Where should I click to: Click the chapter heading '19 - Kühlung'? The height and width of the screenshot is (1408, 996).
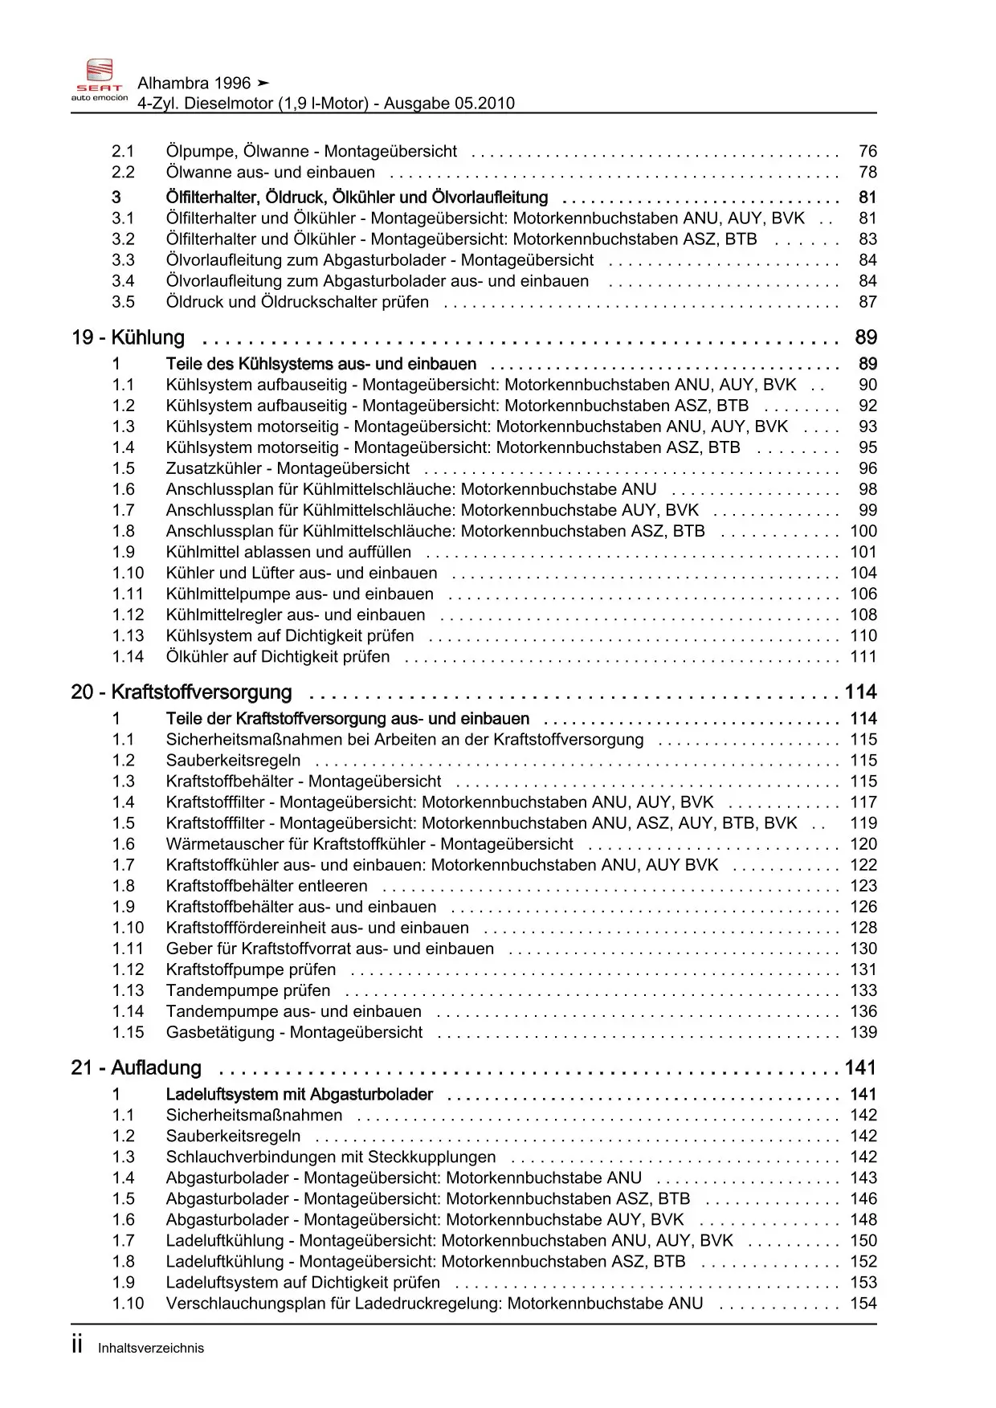[x=129, y=338]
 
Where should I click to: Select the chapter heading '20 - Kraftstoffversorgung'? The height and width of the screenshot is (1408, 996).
[x=182, y=692]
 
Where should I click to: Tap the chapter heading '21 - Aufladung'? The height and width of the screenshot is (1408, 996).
[x=137, y=1068]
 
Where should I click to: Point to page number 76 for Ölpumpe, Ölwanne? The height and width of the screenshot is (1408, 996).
[x=867, y=152]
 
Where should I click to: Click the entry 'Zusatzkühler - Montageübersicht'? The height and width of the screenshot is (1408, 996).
[x=288, y=469]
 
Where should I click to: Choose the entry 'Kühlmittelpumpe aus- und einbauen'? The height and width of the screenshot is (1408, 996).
[x=300, y=594]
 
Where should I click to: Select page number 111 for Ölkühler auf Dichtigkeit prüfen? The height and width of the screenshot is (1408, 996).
[x=863, y=657]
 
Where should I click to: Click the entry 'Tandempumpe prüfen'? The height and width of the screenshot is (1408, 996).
[x=248, y=991]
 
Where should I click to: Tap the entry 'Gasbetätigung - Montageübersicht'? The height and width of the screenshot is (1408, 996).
[x=294, y=1033]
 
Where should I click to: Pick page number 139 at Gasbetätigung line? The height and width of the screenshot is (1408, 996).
[x=863, y=1033]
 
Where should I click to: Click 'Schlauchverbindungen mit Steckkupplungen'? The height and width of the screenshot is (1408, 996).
[x=331, y=1157]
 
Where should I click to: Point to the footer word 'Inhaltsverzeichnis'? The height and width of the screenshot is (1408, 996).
[x=151, y=1349]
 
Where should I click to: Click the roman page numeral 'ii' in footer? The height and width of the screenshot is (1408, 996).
[x=77, y=1346]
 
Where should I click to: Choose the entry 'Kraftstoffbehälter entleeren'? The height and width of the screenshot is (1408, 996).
[x=267, y=887]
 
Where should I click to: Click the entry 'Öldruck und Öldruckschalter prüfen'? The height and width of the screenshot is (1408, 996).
[x=297, y=303]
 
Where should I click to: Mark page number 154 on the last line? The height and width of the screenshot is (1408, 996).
[x=863, y=1304]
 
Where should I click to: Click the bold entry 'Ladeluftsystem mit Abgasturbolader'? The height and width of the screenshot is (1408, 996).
[x=299, y=1095]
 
